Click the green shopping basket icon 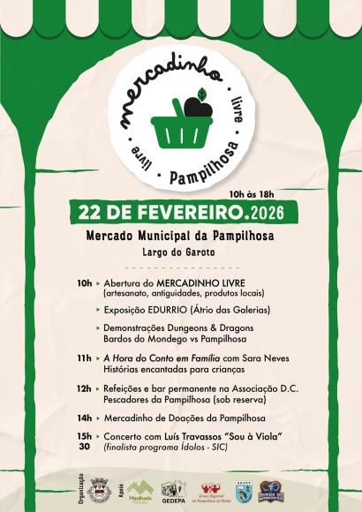pos(181,130)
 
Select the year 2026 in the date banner pos(272,214)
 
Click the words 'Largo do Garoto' pos(180,253)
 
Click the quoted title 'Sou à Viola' pos(251,436)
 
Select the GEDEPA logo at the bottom pos(172,490)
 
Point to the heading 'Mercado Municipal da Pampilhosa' pos(180,237)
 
